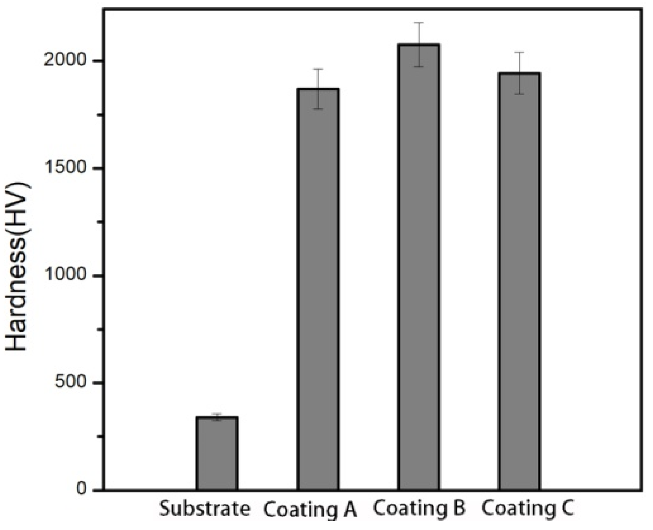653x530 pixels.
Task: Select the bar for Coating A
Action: point(318,290)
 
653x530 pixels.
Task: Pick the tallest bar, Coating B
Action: point(419,267)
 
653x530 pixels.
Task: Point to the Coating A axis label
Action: point(310,510)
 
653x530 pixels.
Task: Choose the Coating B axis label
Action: point(419,508)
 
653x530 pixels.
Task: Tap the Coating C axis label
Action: point(528,508)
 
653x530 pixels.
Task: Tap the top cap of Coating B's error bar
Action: point(419,22)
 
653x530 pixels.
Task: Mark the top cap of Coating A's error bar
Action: point(318,69)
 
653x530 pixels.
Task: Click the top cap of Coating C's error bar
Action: point(519,52)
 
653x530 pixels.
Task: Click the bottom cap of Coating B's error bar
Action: point(419,66)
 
